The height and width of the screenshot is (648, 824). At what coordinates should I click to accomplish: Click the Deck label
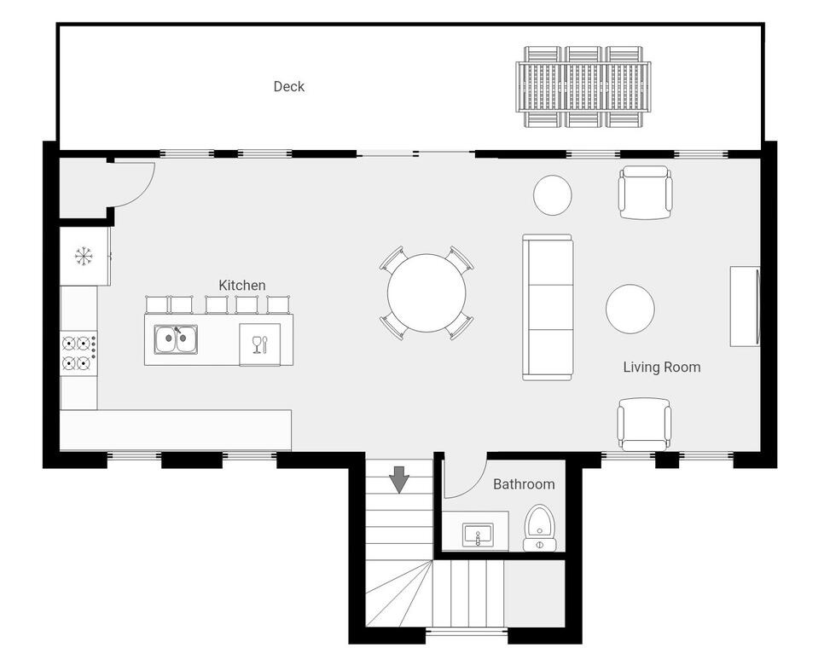(288, 87)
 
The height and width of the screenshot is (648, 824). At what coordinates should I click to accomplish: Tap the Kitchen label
(241, 285)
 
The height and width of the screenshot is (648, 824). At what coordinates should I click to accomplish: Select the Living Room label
(662, 367)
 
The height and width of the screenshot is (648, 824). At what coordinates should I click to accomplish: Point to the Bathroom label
(524, 484)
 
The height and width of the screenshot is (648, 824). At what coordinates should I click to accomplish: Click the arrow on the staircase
(399, 479)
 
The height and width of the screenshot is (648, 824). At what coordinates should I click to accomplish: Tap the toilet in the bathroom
(540, 528)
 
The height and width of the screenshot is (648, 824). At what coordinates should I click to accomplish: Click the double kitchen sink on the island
(176, 339)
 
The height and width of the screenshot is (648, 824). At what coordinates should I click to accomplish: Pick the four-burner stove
(78, 352)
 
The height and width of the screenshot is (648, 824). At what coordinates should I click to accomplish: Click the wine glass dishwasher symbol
(260, 344)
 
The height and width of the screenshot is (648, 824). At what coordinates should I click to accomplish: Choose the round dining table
(427, 293)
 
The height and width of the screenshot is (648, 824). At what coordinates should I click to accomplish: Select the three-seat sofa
(548, 307)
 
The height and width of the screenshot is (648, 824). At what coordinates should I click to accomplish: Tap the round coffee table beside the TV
(630, 309)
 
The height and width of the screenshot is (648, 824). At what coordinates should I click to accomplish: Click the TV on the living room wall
(745, 307)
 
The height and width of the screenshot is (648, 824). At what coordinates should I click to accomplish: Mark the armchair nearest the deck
(646, 193)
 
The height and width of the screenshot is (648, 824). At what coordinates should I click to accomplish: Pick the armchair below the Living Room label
(644, 425)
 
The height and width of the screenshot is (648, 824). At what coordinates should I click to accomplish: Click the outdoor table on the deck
(583, 86)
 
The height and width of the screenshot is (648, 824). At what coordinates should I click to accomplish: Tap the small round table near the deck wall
(552, 194)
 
